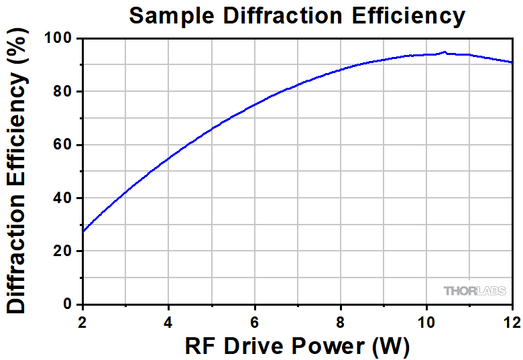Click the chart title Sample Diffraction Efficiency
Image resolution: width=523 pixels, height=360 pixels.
tap(296, 15)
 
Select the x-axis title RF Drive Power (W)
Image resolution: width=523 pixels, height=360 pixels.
tap(296, 345)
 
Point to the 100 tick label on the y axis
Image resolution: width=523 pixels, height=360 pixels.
tap(58, 39)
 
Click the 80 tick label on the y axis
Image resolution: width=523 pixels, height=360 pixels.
tap(63, 92)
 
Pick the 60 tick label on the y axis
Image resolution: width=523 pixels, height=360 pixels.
tap(63, 145)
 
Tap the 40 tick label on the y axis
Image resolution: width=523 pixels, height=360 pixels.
tap(63, 198)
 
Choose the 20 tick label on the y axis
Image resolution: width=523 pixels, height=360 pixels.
tap(63, 251)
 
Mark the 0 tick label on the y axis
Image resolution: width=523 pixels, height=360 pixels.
tap(68, 304)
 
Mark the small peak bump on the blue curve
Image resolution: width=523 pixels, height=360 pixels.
tap(444, 52)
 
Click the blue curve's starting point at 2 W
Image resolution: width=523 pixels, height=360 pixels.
tap(82, 232)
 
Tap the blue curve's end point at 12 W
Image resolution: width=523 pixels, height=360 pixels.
tap(512, 62)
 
